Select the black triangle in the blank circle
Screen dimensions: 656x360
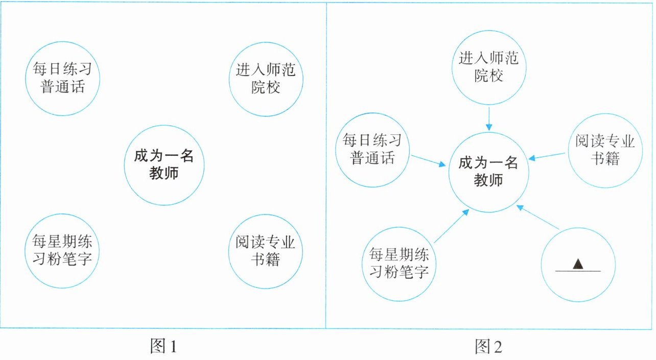pyautogui.click(x=578, y=263)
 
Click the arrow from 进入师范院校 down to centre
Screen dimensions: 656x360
pyautogui.click(x=489, y=118)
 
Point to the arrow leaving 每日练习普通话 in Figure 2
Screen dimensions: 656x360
pyautogui.click(x=428, y=159)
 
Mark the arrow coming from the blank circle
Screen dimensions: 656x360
pyautogui.click(x=538, y=217)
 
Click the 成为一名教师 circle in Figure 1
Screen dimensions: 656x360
pyautogui.click(x=164, y=164)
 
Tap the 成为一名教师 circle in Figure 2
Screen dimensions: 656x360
pyautogui.click(x=489, y=172)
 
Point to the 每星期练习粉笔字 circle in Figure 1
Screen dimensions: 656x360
pyautogui.click(x=62, y=249)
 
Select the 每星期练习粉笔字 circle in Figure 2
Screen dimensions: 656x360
pyautogui.click(x=399, y=265)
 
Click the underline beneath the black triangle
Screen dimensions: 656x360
pyautogui.click(x=578, y=271)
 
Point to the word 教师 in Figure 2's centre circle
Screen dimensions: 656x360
pyautogui.click(x=488, y=180)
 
